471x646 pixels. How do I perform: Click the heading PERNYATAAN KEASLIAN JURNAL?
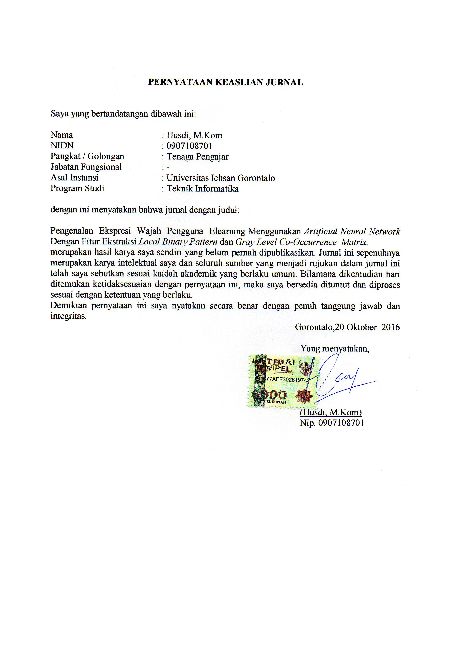pos(226,82)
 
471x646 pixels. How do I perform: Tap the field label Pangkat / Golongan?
pos(87,156)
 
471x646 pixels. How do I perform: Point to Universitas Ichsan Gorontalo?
pos(221,178)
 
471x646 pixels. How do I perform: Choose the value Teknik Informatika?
pos(203,189)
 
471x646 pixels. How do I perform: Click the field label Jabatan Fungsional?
pos(86,167)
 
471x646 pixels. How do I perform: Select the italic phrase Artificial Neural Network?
pos(352,231)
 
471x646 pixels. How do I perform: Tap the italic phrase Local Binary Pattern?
pos(178,242)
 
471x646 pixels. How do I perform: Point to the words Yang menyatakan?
pos(335,348)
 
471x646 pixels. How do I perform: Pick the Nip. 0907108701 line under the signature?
pos(332,423)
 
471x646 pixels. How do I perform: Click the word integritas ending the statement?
pos(68,316)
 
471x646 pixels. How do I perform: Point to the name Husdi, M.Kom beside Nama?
pos(194,135)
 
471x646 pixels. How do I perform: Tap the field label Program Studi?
pos(77,188)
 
